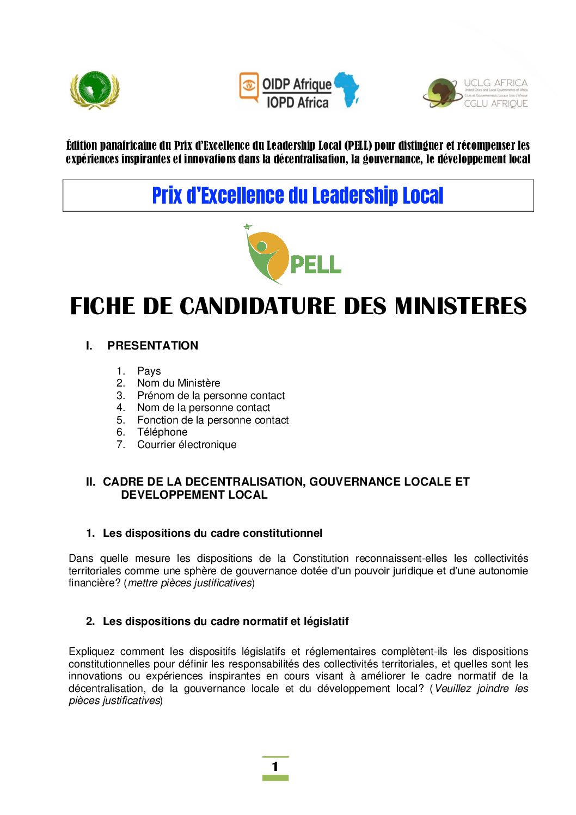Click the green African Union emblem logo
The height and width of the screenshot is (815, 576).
tap(95, 90)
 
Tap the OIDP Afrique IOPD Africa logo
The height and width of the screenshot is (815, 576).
tap(299, 91)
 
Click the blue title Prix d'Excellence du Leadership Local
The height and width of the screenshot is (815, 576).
tap(298, 195)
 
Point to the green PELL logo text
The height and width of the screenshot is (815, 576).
tap(316, 265)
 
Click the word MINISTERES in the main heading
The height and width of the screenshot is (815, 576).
tap(461, 306)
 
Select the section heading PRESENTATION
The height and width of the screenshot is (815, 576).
tap(152, 346)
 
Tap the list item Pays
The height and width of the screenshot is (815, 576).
tap(149, 371)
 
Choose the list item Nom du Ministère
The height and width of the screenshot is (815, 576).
tap(179, 383)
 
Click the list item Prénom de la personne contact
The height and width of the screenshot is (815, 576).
tap(211, 396)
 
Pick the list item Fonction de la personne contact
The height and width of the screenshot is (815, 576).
tap(213, 420)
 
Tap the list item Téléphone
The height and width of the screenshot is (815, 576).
tap(162, 432)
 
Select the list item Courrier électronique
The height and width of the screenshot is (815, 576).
tap(187, 445)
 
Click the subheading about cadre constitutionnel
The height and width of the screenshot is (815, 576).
tap(212, 534)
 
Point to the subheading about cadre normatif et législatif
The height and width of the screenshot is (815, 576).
tap(225, 622)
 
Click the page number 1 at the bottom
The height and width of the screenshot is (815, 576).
tap(275, 767)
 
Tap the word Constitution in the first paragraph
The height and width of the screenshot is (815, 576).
tap(321, 559)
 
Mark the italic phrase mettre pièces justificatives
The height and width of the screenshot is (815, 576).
tap(190, 583)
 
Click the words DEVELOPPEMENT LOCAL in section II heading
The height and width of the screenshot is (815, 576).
tap(194, 495)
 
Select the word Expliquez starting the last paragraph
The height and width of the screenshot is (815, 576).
tap(91, 652)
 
